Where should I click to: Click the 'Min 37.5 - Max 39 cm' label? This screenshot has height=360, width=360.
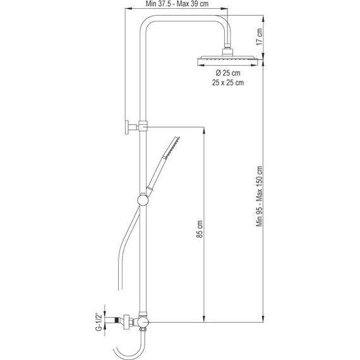tap(177, 4)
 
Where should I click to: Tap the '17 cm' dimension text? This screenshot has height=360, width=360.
tap(259, 37)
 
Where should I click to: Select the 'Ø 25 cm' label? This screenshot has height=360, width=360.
tap(228, 73)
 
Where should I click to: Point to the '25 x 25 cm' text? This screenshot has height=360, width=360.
tap(228, 83)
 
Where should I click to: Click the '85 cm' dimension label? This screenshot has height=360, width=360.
tap(200, 229)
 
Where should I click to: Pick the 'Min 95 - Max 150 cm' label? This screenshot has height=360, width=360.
tap(259, 196)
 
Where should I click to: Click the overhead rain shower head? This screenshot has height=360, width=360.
tap(227, 61)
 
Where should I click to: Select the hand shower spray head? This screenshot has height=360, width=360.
tap(172, 147)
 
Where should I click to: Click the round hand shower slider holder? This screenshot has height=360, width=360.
tap(143, 200)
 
